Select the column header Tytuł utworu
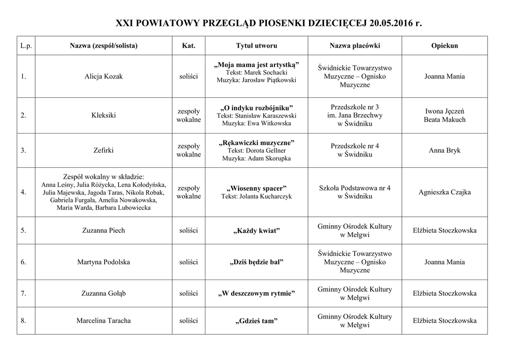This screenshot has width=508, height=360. pos(256,46)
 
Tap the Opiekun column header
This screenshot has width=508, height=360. pos(444,46)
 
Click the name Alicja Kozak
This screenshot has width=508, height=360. pos(104,76)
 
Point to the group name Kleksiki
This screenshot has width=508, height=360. pos(104,115)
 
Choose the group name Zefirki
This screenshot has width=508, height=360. pos(104,150)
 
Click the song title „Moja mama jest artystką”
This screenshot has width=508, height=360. pos(256,65)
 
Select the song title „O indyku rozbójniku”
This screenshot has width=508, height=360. pos(256,108)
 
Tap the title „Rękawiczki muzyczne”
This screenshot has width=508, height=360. pos(256,143)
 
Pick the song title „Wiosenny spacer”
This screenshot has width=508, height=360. pos(256,189)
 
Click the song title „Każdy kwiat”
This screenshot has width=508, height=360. pos(256,231)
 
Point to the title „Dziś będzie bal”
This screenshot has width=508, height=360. pos(256,262)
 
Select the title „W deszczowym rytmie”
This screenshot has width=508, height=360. pos(256,294)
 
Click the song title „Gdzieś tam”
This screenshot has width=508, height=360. pos(256,321)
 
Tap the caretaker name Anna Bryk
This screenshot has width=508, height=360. pos(444,150)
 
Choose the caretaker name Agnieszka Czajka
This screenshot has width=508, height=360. pos(444,192)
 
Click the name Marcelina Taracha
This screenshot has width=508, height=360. pos(104,321)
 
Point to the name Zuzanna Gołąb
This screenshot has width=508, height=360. pos(104,293)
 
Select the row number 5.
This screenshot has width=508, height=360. pos(23,230)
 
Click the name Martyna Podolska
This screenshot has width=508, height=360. pos(104,262)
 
